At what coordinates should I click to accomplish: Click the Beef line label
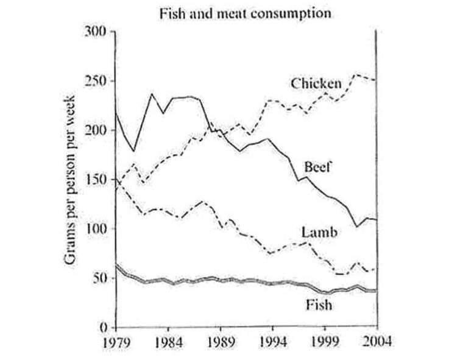point(317,166)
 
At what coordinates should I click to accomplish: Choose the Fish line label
point(319,304)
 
